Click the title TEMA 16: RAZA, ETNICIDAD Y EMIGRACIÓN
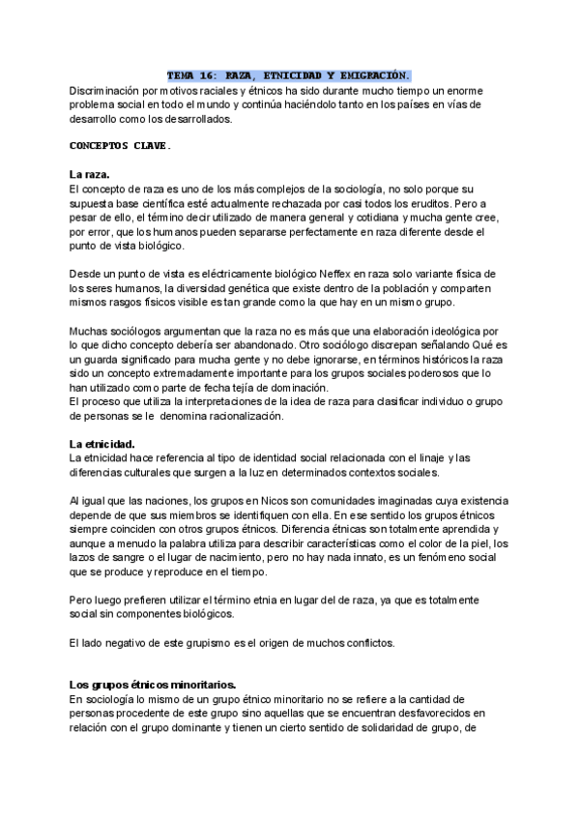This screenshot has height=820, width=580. (x=288, y=74)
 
